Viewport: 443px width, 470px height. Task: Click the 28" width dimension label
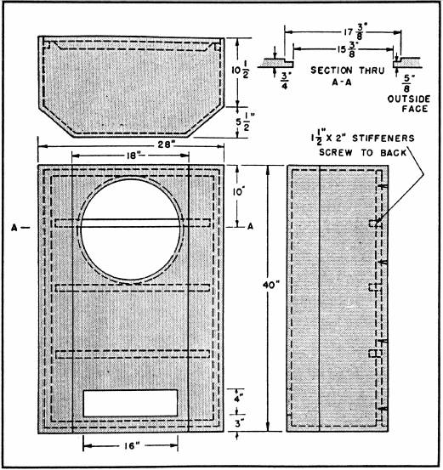tap(166, 144)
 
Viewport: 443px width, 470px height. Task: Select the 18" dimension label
tap(133, 156)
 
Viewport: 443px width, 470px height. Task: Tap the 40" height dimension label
tap(271, 285)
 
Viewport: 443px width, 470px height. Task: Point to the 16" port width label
tap(133, 446)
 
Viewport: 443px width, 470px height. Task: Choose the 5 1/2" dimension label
tap(243, 122)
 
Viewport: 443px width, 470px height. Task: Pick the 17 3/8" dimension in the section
tap(354, 31)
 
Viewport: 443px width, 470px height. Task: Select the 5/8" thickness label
tap(408, 83)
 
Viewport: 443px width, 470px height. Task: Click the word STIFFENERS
tap(383, 139)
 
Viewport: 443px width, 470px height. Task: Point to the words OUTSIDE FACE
tap(409, 104)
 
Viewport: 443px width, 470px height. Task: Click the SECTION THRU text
tap(347, 71)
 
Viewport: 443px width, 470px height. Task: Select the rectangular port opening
tap(130, 403)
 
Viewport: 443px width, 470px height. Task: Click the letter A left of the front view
tap(14, 228)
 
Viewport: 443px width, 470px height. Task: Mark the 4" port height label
tap(239, 399)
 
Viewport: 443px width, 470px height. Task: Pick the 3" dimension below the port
tap(239, 424)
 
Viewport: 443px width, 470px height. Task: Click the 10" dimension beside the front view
tap(238, 192)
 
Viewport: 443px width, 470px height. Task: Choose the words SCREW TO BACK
tap(362, 153)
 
